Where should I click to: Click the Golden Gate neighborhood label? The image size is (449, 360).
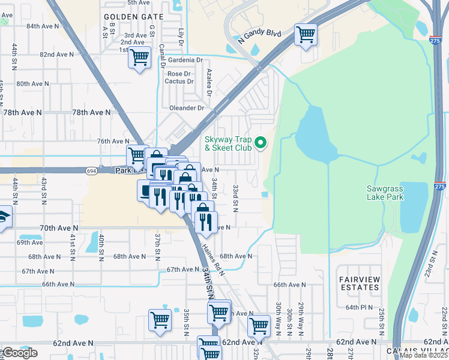(130, 17)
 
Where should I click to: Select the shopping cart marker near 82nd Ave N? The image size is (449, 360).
(140, 58)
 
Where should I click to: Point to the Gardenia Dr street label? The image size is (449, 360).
(185, 60)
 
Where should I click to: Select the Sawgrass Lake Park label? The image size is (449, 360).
(394, 192)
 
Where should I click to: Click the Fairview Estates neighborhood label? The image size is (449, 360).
(360, 283)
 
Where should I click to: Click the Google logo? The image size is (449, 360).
(20, 352)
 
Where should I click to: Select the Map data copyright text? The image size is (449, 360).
(423, 355)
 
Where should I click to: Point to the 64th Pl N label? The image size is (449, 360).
(359, 307)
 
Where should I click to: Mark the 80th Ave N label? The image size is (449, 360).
(32, 83)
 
